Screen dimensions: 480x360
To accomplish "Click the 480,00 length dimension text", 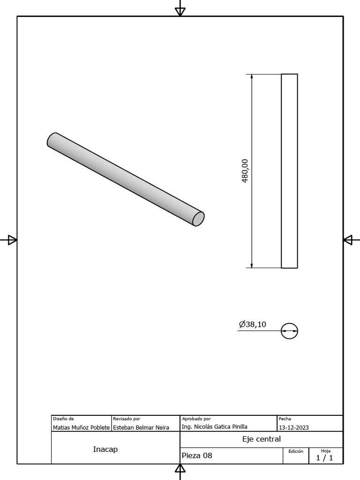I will point(245,171).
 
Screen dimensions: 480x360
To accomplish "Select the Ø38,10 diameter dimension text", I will point(253,324).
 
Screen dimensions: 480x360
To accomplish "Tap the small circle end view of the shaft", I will point(289,331).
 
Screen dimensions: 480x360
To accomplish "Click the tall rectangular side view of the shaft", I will point(289,171).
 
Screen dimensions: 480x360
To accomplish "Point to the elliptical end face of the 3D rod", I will point(199,218).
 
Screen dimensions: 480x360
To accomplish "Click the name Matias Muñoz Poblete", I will point(81,427).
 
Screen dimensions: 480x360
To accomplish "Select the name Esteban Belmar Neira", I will point(141,427).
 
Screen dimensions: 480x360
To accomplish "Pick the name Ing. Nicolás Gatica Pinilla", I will point(214,427).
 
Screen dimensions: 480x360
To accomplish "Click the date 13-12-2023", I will point(294,427).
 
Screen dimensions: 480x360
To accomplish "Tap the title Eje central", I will point(261,439).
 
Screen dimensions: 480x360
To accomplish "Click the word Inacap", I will point(105,450).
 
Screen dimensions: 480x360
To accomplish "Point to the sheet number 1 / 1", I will point(324,458).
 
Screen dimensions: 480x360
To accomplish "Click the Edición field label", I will point(296,451).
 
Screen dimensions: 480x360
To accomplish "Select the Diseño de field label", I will point(63,419).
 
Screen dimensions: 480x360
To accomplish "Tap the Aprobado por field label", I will point(196,419).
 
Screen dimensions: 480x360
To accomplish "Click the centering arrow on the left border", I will point(12,240).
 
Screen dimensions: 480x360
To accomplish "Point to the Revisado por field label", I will point(127,419).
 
